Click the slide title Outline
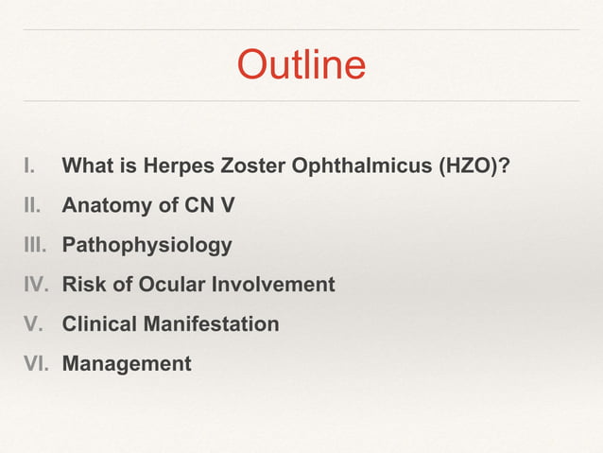tap(301, 65)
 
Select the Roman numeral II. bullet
tap(35, 206)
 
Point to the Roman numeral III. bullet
tap(37, 246)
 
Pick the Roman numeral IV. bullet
tap(36, 285)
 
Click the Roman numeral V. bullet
tap(34, 324)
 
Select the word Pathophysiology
tap(146, 246)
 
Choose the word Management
tap(127, 363)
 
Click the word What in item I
tap(88, 167)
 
